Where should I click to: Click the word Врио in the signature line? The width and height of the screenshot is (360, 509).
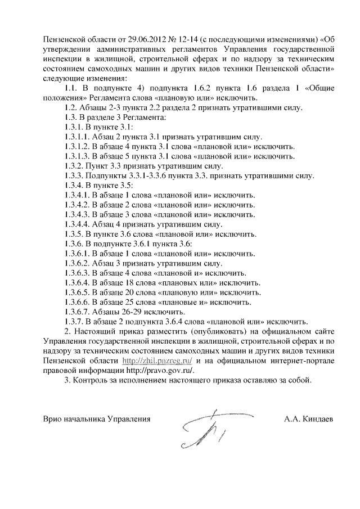click(x=53, y=420)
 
